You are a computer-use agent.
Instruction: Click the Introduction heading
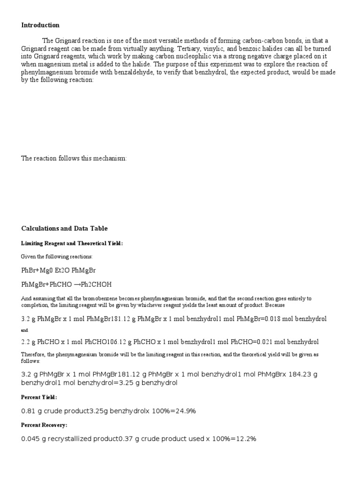(40, 25)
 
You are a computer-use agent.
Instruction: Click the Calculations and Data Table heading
(64, 229)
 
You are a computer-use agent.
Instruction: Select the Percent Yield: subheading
(39, 397)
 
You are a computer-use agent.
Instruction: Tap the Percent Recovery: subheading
(44, 425)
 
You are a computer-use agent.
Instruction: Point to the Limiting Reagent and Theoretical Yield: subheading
(72, 243)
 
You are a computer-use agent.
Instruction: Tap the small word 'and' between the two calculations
(25, 330)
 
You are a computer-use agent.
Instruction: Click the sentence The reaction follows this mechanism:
(74, 158)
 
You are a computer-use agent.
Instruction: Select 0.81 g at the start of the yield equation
(31, 411)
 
